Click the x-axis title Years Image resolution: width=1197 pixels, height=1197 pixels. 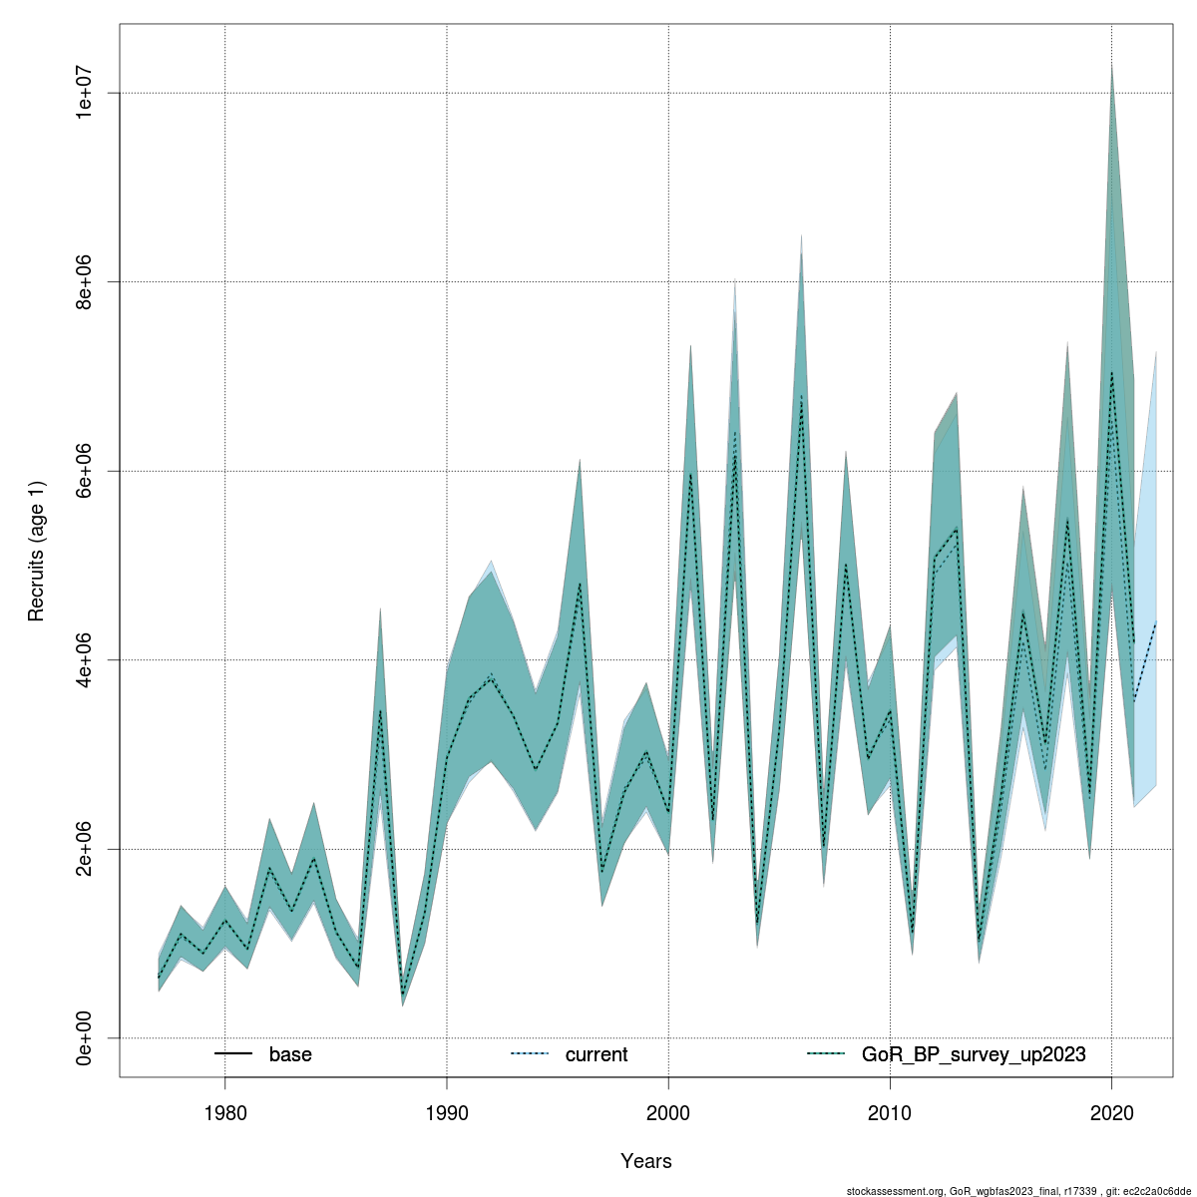[x=645, y=1161]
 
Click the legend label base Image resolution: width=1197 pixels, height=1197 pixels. [x=290, y=1054]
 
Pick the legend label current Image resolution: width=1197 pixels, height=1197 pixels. [x=597, y=1054]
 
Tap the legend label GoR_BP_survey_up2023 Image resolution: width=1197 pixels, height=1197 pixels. [x=974, y=1054]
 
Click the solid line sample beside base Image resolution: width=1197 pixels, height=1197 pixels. [x=232, y=1054]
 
